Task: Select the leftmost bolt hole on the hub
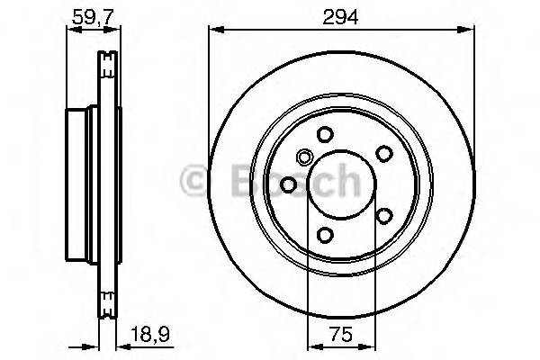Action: tap(288, 184)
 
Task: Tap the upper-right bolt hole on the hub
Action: tap(383, 154)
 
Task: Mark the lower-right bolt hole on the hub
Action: tap(383, 216)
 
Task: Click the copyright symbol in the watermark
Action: tap(194, 179)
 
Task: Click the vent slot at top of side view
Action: tap(109, 61)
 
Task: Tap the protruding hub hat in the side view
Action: tap(80, 184)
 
